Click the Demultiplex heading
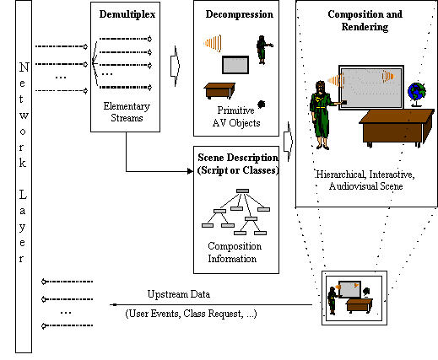point(127,14)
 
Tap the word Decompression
point(240,14)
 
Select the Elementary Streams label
point(127,112)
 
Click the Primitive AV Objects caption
point(236,116)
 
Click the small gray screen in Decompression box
point(235,65)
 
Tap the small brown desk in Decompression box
point(219,90)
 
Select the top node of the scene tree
point(242,191)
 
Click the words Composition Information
point(235,252)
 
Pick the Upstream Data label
point(179,294)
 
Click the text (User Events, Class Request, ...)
point(191,314)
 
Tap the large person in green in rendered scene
point(322,116)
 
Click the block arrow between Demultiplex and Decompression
point(176,66)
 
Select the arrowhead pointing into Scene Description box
point(190,171)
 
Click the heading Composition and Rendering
point(365,20)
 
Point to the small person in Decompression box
point(262,50)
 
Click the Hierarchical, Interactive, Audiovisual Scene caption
point(365,180)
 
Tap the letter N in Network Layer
point(24,67)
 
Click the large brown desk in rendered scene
point(397,128)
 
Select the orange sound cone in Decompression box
point(213,43)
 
